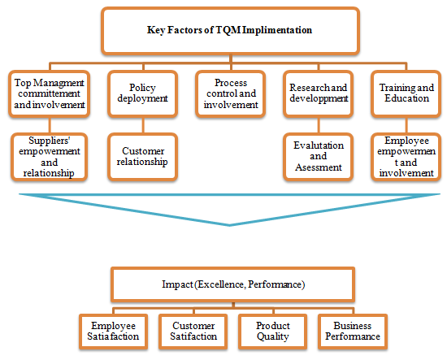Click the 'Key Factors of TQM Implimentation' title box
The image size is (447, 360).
pyautogui.click(x=230, y=31)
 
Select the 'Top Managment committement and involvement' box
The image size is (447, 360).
pyautogui.click(x=50, y=93)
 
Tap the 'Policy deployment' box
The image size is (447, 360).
pyautogui.click(x=143, y=93)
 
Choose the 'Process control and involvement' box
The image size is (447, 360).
pyautogui.click(x=231, y=93)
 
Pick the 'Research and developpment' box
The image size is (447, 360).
pyautogui.click(x=319, y=93)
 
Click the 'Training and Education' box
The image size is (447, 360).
pyautogui.click(x=406, y=93)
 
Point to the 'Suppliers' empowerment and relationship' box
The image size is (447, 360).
pyautogui.click(x=50, y=157)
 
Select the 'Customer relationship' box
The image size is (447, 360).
pyautogui.click(x=143, y=157)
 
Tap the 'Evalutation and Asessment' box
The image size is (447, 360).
pyautogui.click(x=319, y=157)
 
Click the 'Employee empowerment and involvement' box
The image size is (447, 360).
pyautogui.click(x=406, y=157)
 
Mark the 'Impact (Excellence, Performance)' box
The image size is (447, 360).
pyautogui.click(x=233, y=284)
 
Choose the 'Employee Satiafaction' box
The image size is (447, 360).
pyautogui.click(x=114, y=332)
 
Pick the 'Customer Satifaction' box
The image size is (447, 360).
pyautogui.click(x=193, y=332)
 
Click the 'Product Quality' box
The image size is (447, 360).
pyautogui.click(x=273, y=332)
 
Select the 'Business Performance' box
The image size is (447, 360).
pyautogui.click(x=353, y=332)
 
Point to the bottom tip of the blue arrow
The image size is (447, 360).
pyautogui.click(x=229, y=226)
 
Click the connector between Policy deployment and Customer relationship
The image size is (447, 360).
pyautogui.click(x=143, y=125)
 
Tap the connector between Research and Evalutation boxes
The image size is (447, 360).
pyautogui.click(x=319, y=125)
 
